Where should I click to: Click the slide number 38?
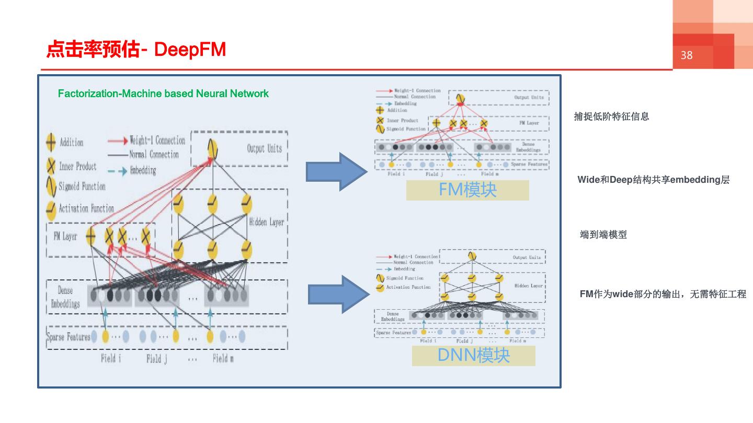(x=687, y=55)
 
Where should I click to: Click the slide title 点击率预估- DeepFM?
(x=136, y=50)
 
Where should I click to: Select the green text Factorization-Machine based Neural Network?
(x=163, y=93)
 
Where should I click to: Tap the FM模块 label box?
(x=467, y=190)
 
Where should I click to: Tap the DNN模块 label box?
(x=473, y=355)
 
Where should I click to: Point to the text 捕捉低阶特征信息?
(x=611, y=116)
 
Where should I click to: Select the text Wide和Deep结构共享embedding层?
(x=653, y=180)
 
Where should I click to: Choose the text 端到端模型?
(x=603, y=234)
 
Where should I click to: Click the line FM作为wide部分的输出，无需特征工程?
(x=663, y=294)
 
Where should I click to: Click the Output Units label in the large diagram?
(x=264, y=148)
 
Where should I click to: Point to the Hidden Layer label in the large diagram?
(x=266, y=222)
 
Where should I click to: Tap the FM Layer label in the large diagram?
(x=65, y=237)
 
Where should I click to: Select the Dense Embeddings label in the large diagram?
(x=65, y=297)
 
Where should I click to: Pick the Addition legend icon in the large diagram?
(x=51, y=142)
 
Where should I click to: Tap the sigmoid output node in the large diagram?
(x=212, y=149)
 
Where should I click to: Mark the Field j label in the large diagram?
(x=156, y=359)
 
